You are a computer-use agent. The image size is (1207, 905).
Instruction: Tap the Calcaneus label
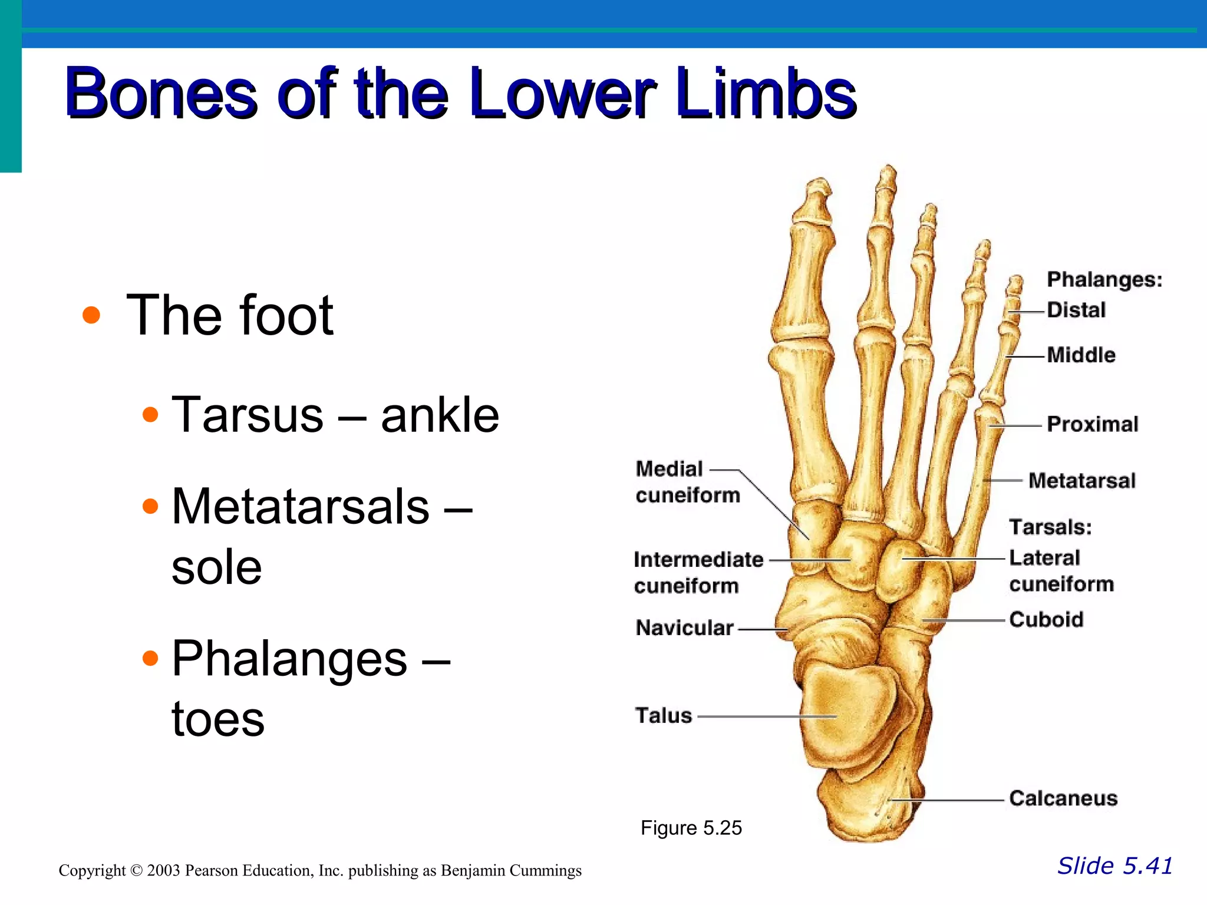[x=1063, y=798]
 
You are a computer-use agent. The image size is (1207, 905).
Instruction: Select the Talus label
[x=663, y=716]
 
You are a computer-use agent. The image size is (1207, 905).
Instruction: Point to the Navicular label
[x=684, y=628]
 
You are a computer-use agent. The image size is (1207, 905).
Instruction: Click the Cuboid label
[x=1046, y=620]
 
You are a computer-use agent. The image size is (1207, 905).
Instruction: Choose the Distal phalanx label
[x=1076, y=310]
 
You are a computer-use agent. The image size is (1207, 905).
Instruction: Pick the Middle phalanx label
[x=1081, y=355]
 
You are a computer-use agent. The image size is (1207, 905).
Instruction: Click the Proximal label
[x=1092, y=424]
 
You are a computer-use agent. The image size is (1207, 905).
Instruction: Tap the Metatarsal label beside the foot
[x=1081, y=481]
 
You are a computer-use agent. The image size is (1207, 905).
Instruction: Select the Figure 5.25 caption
[x=691, y=828]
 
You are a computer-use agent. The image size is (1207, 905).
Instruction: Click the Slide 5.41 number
[x=1114, y=866]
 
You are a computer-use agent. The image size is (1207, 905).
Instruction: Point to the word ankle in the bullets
[x=440, y=415]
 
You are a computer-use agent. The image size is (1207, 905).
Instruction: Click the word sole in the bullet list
[x=216, y=567]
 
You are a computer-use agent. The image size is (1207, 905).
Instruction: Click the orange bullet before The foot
[x=91, y=315]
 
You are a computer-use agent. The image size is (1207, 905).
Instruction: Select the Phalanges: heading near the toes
[x=1104, y=279]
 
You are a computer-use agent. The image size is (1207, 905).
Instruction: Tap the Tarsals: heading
[x=1050, y=527]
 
